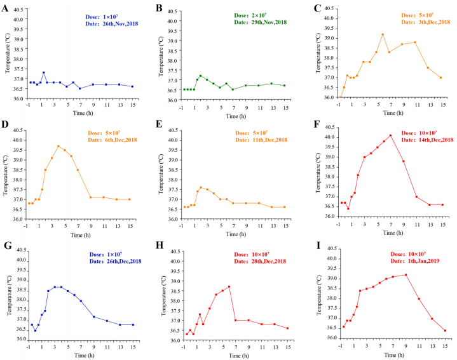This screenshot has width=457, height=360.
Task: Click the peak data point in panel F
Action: pos(391,135)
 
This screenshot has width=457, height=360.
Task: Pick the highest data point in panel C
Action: pos(383,34)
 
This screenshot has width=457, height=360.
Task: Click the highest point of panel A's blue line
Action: pos(43,72)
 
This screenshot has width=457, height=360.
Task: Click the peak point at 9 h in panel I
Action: pos(405,275)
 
